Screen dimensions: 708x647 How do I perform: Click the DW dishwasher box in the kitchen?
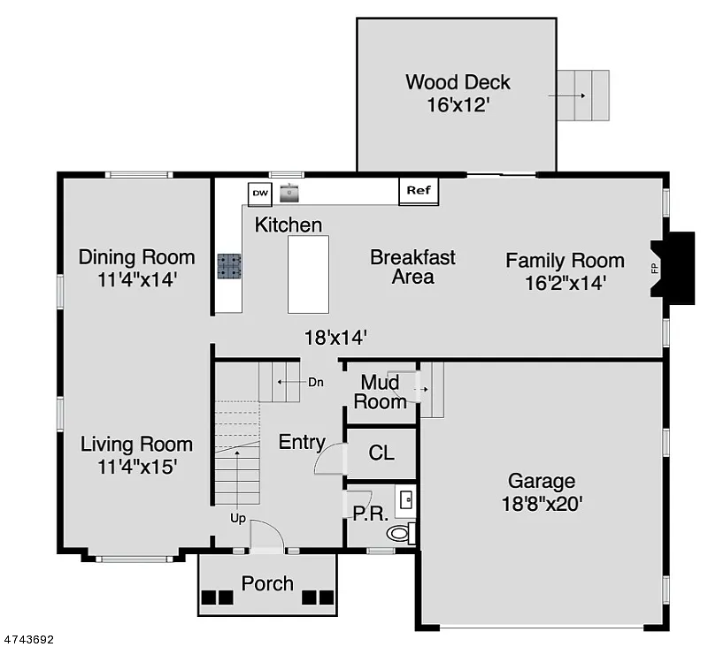259,193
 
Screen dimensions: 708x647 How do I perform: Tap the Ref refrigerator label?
418,190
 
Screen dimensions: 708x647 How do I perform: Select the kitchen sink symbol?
289,191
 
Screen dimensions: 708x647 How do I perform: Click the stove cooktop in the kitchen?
229,266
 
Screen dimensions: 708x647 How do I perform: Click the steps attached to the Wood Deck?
582,95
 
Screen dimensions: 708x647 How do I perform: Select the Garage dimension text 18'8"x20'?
541,504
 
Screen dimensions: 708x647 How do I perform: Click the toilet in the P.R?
400,533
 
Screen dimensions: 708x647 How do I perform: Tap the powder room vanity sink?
406,500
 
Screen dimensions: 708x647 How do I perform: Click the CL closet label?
381,453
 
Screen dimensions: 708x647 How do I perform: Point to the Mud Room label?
382,392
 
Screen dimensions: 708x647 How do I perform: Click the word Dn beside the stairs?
316,383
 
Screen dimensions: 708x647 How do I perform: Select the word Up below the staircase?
237,517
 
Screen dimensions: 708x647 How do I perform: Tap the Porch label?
267,583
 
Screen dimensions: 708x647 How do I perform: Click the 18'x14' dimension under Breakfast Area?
335,337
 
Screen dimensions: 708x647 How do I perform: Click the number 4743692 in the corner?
31,638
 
